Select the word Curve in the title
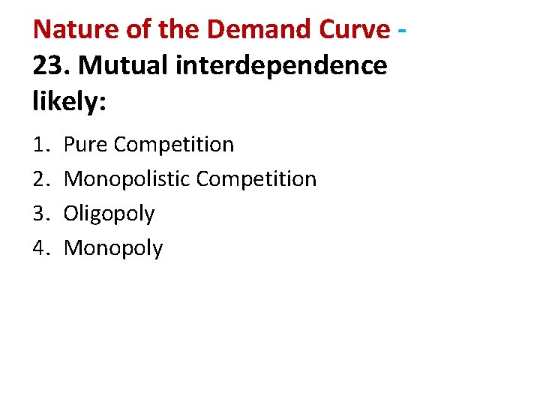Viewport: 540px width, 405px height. [x=353, y=29]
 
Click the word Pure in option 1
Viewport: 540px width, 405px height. [x=85, y=145]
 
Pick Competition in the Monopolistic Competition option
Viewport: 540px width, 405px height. [x=256, y=179]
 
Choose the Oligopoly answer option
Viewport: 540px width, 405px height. [x=109, y=214]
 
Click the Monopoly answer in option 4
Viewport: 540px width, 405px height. [x=113, y=249]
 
